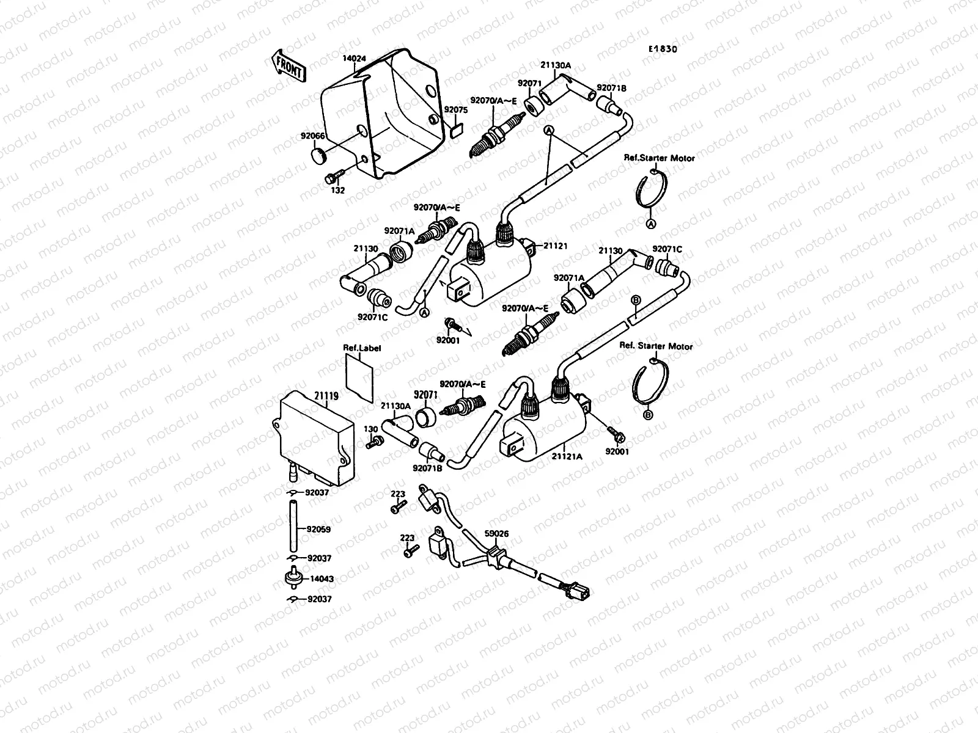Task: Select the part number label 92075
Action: pyautogui.click(x=455, y=110)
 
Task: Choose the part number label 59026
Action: pyautogui.click(x=496, y=533)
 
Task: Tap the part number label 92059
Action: pyautogui.click(x=319, y=530)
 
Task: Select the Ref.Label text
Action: pyautogui.click(x=361, y=348)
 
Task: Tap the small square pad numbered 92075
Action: pyautogui.click(x=455, y=129)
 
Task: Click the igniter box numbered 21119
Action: pyautogui.click(x=315, y=440)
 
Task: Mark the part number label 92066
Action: pyautogui.click(x=312, y=136)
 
